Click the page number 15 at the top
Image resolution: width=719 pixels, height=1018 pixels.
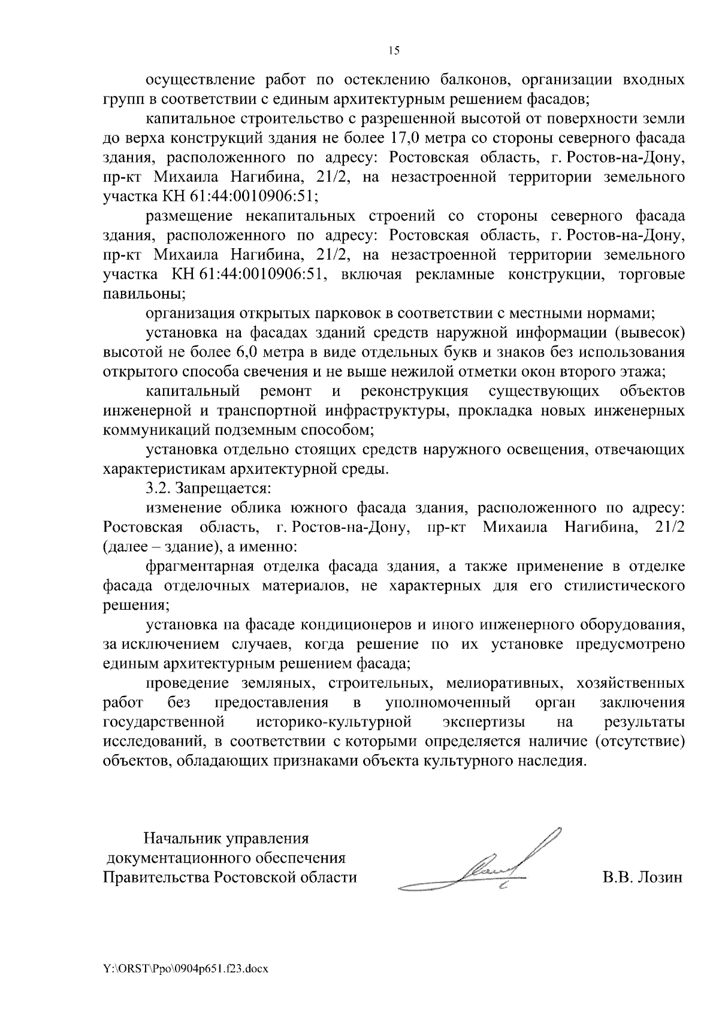point(394,50)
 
